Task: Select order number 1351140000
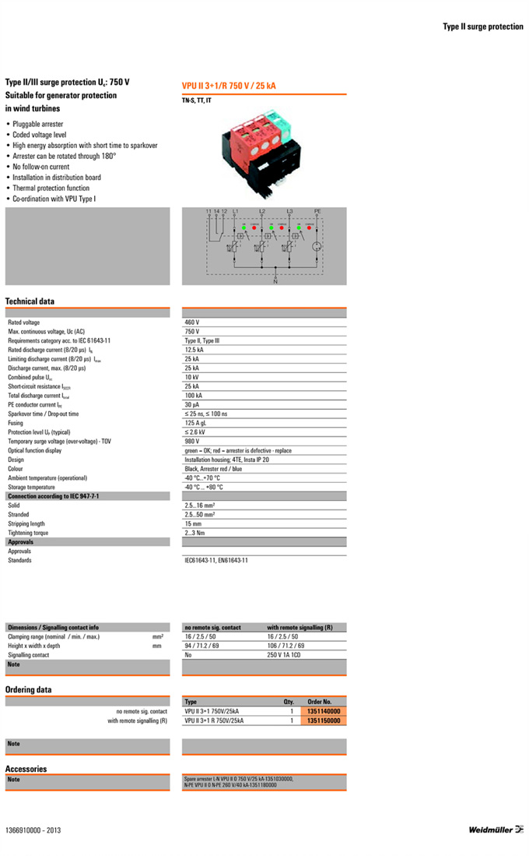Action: click(324, 711)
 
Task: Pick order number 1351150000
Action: click(324, 721)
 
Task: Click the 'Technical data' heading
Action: click(30, 301)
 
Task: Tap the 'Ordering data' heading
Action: click(28, 689)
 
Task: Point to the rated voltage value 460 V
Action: click(192, 322)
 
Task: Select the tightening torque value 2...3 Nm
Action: click(195, 533)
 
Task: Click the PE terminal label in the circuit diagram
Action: click(317, 212)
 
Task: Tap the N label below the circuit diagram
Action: click(275, 280)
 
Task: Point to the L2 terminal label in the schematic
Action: click(261, 212)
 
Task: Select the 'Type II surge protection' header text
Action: click(483, 26)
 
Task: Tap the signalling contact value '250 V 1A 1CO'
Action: click(284, 655)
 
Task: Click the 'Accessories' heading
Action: click(26, 769)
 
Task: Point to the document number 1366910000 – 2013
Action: click(33, 830)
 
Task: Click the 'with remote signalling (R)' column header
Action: click(300, 627)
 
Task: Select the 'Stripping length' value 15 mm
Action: click(194, 523)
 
